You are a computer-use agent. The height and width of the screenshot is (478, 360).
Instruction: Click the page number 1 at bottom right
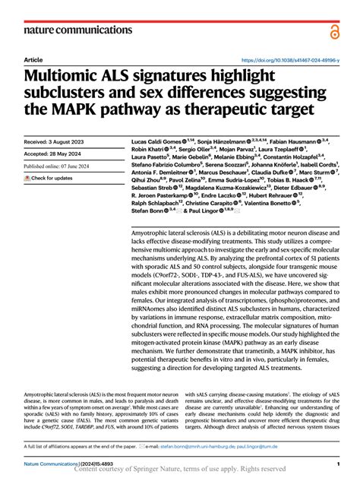tap(336, 463)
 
